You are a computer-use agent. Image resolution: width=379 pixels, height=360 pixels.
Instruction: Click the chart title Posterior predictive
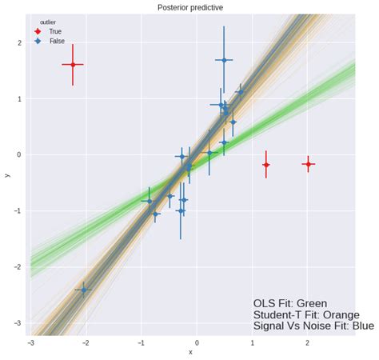click(189, 6)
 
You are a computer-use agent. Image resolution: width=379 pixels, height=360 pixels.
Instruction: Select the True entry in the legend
click(55, 31)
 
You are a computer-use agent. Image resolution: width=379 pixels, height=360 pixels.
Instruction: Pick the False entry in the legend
click(57, 41)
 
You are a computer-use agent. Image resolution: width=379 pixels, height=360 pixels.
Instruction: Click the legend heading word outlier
click(48, 22)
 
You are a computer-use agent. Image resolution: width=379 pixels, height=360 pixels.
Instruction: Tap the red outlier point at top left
click(73, 64)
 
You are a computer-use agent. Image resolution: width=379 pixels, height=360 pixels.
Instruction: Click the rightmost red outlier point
click(308, 163)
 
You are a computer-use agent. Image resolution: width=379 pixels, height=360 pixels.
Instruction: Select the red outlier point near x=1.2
click(266, 165)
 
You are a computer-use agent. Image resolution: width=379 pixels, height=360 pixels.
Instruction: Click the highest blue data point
click(224, 60)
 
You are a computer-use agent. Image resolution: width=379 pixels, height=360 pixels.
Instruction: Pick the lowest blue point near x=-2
click(83, 290)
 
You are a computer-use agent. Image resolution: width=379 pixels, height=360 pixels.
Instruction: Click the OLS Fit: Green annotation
click(290, 303)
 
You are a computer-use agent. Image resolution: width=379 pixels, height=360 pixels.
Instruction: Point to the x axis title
click(190, 352)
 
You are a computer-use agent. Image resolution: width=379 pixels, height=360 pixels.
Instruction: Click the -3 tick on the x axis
click(30, 342)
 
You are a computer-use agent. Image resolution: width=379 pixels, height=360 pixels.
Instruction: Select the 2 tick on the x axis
click(308, 342)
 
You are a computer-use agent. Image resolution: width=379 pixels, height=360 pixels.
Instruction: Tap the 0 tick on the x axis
click(197, 342)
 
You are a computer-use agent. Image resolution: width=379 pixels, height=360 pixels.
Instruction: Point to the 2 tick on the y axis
click(19, 43)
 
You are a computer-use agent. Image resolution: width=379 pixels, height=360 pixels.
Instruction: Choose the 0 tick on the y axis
click(19, 155)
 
